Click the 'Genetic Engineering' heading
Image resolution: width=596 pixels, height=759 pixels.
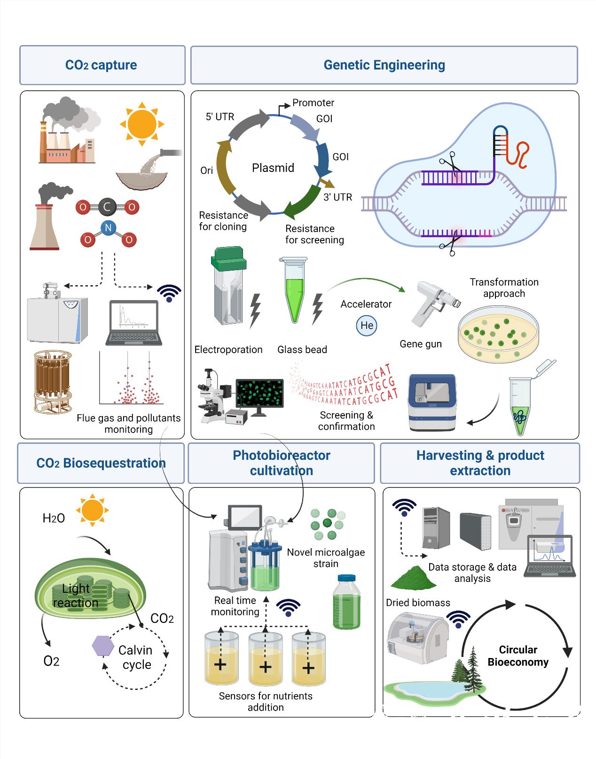pos(384,65)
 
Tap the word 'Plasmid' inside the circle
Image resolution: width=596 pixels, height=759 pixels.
pos(273,168)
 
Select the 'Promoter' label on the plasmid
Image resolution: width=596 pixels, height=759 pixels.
pos(313,102)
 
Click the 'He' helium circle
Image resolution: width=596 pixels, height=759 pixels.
pos(367,325)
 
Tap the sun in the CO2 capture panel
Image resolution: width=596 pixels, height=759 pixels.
pos(141,124)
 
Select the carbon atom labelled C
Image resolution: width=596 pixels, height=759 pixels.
pos(107,207)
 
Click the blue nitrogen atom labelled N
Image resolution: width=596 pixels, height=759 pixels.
pos(108,228)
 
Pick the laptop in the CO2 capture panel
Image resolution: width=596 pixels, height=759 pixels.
pos(134,323)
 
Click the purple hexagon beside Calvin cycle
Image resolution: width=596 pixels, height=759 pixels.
pos(103,646)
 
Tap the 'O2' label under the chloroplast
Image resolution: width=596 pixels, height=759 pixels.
pos(51,661)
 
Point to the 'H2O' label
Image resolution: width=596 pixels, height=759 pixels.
pos(54,518)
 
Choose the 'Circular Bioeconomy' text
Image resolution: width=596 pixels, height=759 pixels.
pos(518,656)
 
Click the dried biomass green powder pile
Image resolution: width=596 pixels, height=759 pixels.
pos(413,578)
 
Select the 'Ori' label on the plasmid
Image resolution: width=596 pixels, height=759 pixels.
pos(207,170)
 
